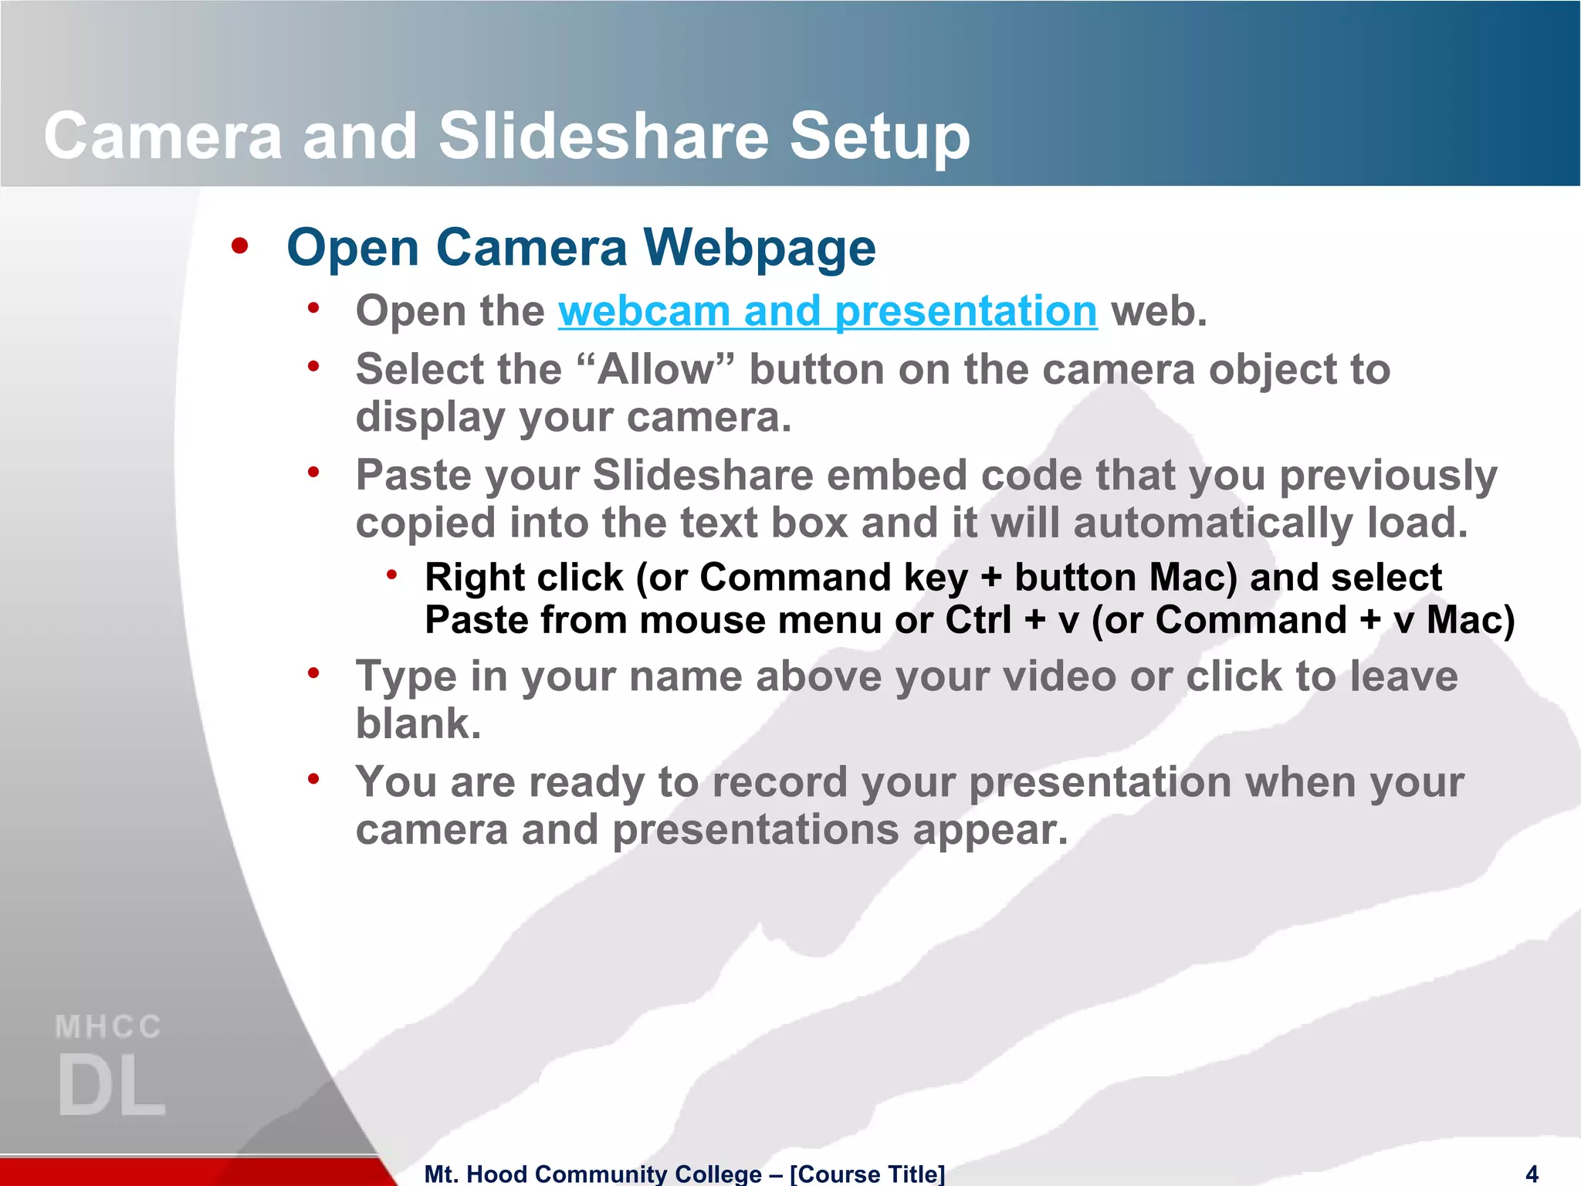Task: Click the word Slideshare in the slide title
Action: [x=603, y=137]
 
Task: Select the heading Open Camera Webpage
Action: [x=581, y=248]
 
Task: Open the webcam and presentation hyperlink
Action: [x=827, y=311]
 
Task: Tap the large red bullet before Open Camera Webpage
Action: [x=240, y=246]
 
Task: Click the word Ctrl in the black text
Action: [x=978, y=620]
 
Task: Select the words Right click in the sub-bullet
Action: [x=523, y=578]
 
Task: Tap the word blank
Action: [x=418, y=723]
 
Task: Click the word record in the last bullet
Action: [x=780, y=782]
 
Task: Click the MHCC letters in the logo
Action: [x=108, y=1028]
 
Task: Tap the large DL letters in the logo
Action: [x=112, y=1085]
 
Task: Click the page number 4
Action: [x=1532, y=1174]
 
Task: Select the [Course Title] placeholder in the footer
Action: [x=866, y=1174]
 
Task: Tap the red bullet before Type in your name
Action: [x=313, y=674]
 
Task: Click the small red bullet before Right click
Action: [x=392, y=574]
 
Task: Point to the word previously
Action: [x=1388, y=475]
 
